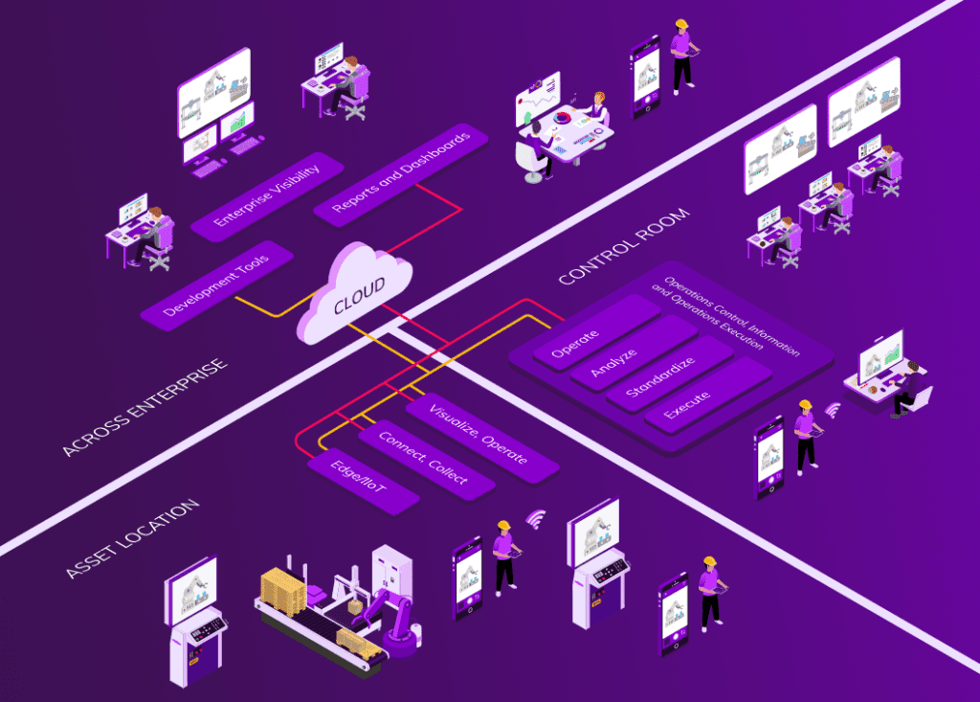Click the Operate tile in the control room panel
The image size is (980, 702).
point(581,332)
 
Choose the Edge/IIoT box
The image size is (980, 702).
point(362,481)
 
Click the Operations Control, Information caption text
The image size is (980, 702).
point(724,317)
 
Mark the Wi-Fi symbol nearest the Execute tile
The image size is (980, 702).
point(832,410)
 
